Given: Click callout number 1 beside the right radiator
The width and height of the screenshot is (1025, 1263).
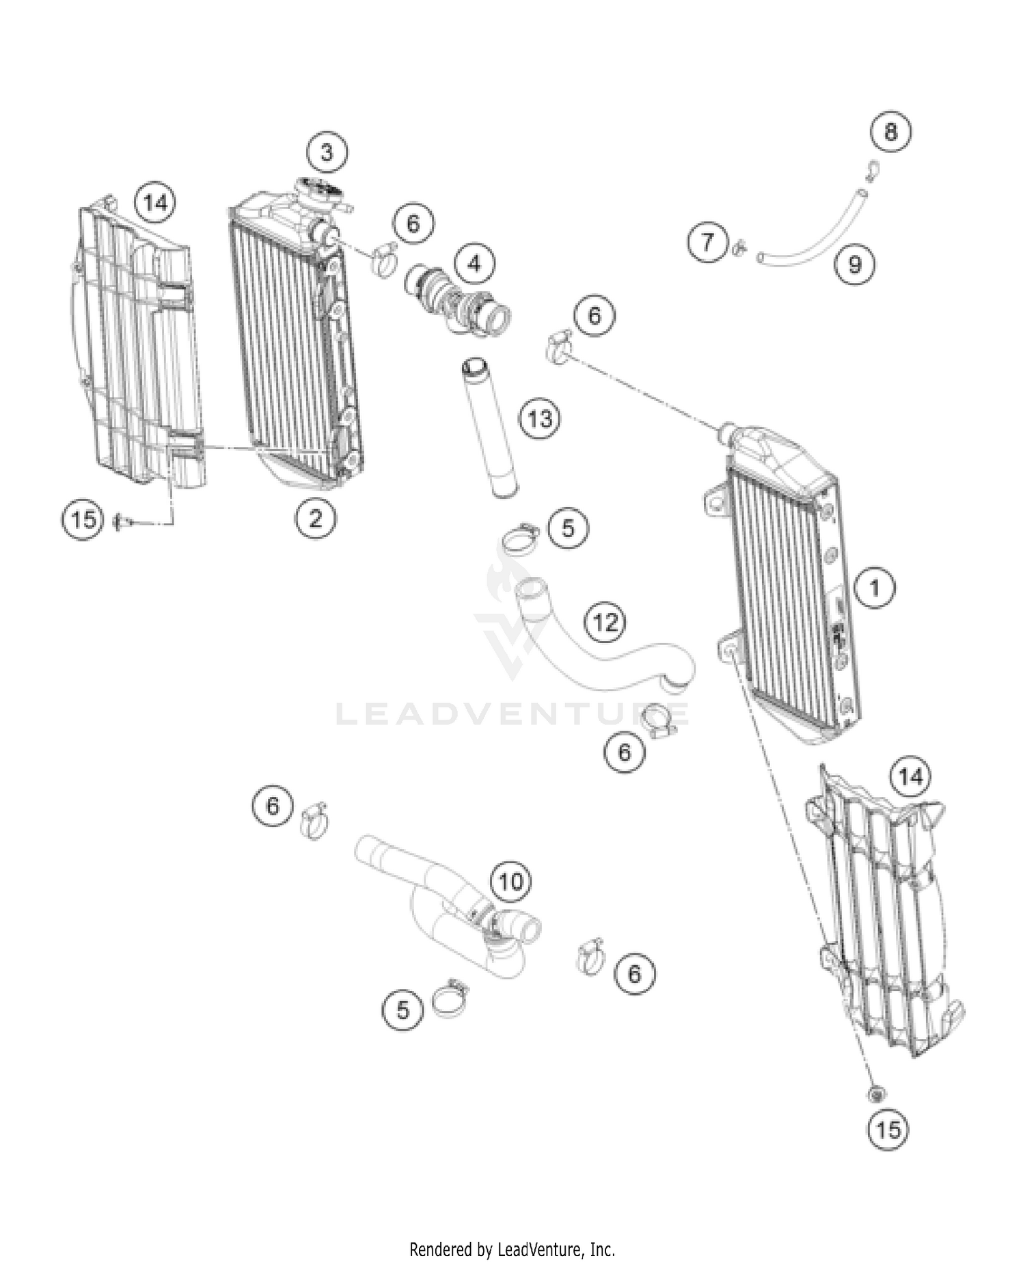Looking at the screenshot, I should [875, 587].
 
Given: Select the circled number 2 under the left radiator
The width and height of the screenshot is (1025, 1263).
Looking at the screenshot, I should [315, 519].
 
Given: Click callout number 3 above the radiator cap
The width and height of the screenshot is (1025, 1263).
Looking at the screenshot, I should [327, 152].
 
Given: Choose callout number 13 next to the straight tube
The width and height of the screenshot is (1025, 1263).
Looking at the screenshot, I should [540, 418].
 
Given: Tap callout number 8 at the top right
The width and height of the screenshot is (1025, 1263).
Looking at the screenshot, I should [890, 131].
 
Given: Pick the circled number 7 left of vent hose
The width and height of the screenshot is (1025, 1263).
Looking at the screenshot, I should [707, 242].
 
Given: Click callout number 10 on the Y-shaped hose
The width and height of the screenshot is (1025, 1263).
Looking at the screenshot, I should [510, 882].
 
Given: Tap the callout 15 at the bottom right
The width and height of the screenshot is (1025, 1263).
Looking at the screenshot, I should [888, 1129].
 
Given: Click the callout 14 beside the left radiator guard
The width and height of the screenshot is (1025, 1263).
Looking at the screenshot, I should [155, 203].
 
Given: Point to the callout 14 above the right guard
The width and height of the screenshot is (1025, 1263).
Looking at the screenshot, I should [911, 777].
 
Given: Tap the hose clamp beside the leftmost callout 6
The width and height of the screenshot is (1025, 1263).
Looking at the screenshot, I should [314, 819].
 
